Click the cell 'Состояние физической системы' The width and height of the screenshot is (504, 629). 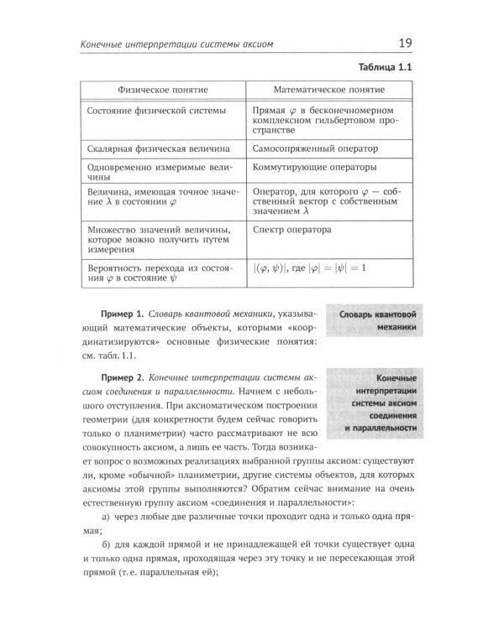tap(157, 111)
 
